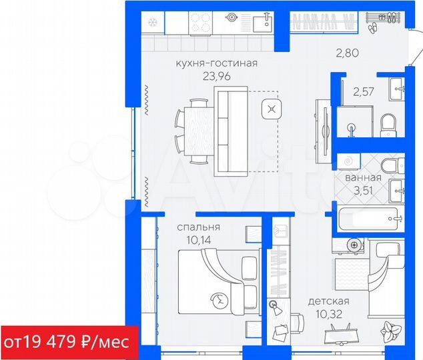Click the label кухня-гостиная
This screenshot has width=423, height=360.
(x=216, y=63)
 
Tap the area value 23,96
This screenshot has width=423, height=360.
(x=216, y=75)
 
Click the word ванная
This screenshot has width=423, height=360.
(x=363, y=178)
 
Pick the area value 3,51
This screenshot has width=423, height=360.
(x=363, y=190)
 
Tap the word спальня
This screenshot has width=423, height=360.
(x=198, y=227)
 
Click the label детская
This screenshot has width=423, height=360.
(x=328, y=301)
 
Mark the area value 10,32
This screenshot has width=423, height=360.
(x=328, y=312)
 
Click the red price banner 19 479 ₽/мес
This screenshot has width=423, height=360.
(x=69, y=342)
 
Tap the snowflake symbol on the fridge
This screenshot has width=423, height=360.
(x=151, y=21)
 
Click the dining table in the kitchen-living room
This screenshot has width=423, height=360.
(x=199, y=131)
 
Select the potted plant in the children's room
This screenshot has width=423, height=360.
(x=390, y=331)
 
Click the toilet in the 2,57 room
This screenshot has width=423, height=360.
(x=388, y=123)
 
